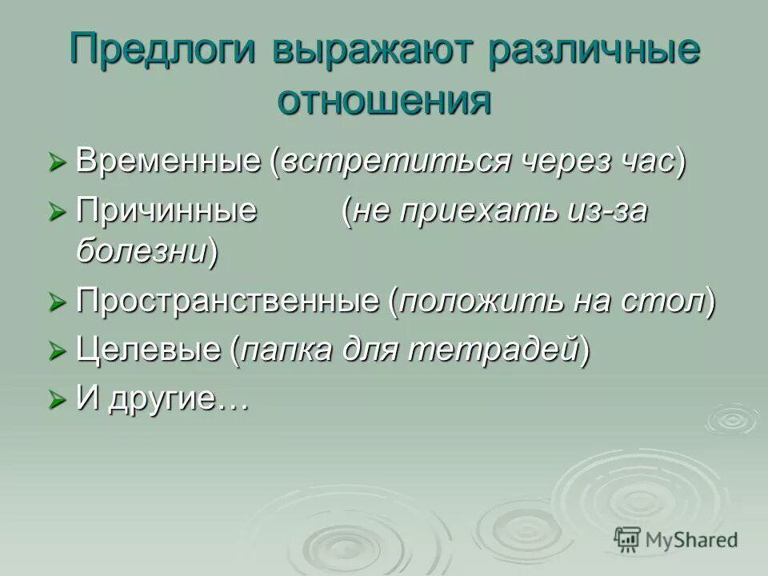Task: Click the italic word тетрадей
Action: click(498, 350)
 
